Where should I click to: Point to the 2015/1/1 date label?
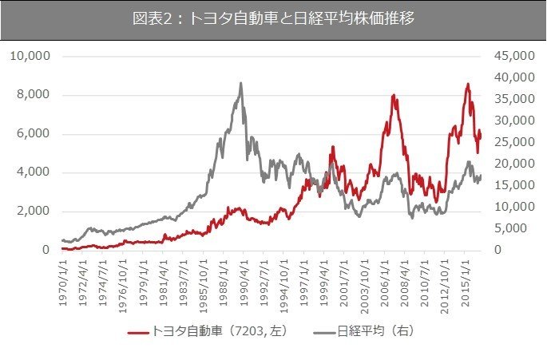coord(466,283)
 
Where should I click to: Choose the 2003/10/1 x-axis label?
coord(365,283)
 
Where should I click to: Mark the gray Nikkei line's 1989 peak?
coord(240,83)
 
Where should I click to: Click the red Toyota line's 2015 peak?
coord(468,84)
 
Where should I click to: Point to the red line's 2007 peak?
coord(394,96)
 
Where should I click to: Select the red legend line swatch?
coord(138,329)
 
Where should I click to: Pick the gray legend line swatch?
coord(323,329)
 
